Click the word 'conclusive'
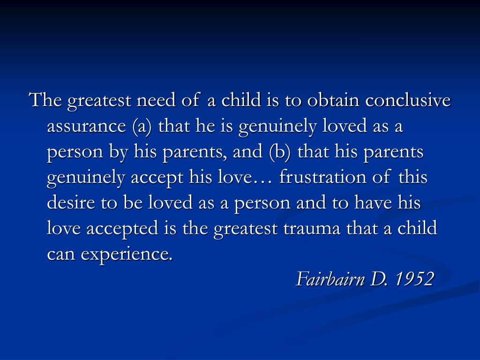point(408,100)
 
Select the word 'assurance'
point(87,127)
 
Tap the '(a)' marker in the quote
point(142,126)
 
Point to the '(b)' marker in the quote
point(280,152)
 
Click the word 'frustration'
point(322,177)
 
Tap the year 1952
point(415,279)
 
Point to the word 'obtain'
point(333,100)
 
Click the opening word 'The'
point(45,100)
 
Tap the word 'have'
point(373,202)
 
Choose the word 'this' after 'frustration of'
point(412,177)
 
